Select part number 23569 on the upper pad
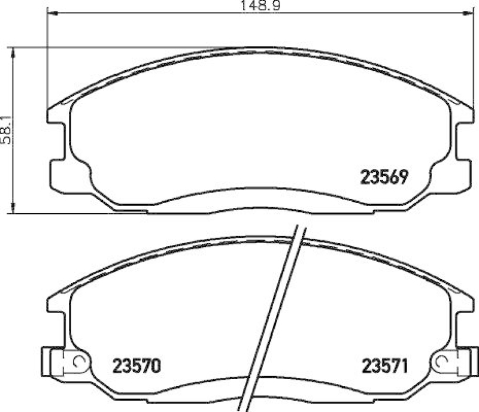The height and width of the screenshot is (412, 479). click(384, 177)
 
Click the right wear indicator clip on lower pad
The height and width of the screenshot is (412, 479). click(450, 362)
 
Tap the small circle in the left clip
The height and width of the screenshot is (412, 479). click(76, 362)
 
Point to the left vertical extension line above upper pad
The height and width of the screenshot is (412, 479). click(47, 60)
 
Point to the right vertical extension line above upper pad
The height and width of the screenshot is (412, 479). click(469, 60)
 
